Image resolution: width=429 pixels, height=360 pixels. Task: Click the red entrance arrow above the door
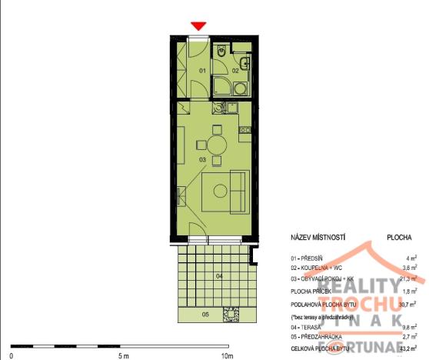coord(198,26)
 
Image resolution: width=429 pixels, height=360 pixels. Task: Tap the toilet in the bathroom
coord(221,53)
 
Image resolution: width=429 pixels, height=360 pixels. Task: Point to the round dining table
coord(214,144)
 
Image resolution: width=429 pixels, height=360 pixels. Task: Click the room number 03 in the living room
coord(202,160)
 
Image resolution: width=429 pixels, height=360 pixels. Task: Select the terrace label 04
coord(218,275)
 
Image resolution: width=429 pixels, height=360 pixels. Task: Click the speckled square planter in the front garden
coord(229,315)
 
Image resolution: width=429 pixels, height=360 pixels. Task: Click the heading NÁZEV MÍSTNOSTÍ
coord(318,239)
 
